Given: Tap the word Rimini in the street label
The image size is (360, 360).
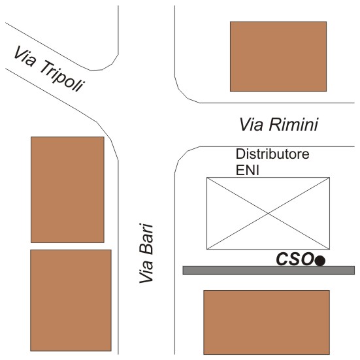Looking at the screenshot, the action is pyautogui.click(x=294, y=125).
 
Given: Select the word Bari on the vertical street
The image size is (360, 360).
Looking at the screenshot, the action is pyautogui.click(x=146, y=239).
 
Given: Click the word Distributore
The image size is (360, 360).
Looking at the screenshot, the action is pyautogui.click(x=272, y=154).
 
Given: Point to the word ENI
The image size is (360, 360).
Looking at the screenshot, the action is pyautogui.click(x=248, y=171).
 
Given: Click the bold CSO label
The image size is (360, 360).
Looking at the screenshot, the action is pyautogui.click(x=295, y=259).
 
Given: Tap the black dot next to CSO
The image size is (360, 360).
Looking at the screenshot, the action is pyautogui.click(x=320, y=261).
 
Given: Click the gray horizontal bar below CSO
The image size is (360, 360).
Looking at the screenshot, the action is pyautogui.click(x=269, y=270).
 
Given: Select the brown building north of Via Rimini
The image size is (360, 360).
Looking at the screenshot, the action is pyautogui.click(x=278, y=56).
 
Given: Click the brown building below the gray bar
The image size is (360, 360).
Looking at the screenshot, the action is pyautogui.click(x=267, y=322).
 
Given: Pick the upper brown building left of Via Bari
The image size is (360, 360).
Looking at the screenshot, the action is pyautogui.click(x=67, y=189).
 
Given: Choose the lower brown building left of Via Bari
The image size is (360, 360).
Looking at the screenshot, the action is pyautogui.click(x=71, y=301).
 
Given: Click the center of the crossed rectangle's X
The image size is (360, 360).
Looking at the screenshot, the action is pyautogui.click(x=268, y=214).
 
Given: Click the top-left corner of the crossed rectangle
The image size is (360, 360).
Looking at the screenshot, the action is pyautogui.click(x=207, y=178).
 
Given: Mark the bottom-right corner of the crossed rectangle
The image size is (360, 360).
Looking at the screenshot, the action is pyautogui.click(x=330, y=250).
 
